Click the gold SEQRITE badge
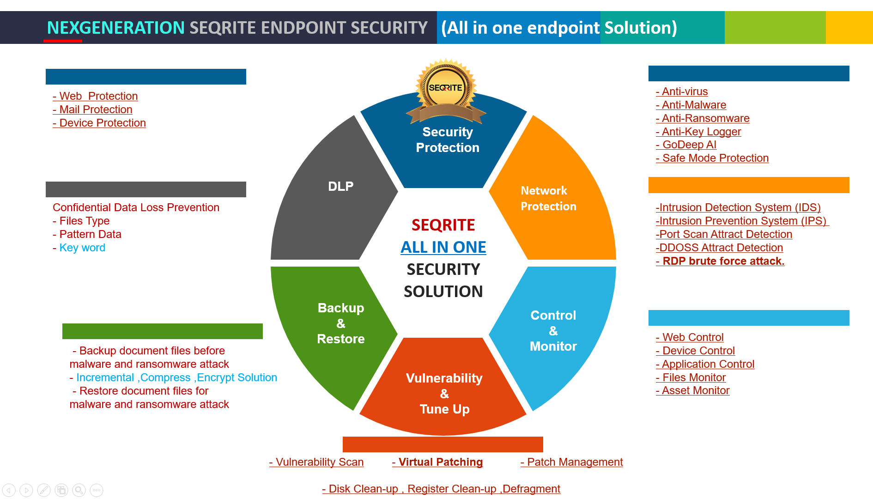click(x=446, y=91)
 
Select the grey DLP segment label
click(x=341, y=186)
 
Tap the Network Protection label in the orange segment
click(x=548, y=198)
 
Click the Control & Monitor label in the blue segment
click(x=553, y=331)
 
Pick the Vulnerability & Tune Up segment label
click(x=444, y=394)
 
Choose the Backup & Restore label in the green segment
click(x=341, y=323)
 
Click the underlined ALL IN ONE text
click(x=443, y=247)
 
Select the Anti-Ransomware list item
click(x=703, y=118)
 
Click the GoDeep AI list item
click(x=686, y=145)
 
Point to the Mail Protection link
click(x=92, y=110)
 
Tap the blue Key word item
click(x=79, y=248)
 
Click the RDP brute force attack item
click(x=720, y=261)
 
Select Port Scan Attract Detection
click(x=724, y=234)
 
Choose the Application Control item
click(x=705, y=364)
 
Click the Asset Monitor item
click(x=692, y=390)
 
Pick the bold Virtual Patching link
click(x=437, y=462)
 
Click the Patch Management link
click(x=572, y=462)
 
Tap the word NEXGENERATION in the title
click(x=115, y=28)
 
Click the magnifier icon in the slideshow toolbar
click(x=79, y=490)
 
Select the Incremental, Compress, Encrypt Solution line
click(x=173, y=377)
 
